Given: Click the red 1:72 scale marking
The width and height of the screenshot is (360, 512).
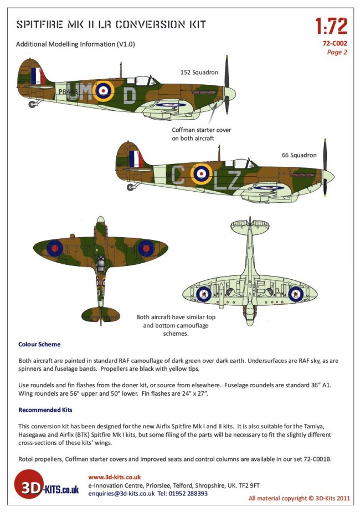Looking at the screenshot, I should [x=331, y=25].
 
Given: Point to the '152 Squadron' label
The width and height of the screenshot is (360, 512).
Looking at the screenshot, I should [x=199, y=72].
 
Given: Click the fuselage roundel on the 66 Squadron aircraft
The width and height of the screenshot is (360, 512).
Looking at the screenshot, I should [x=201, y=174].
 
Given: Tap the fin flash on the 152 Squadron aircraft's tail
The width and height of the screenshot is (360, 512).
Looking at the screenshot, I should [x=36, y=76].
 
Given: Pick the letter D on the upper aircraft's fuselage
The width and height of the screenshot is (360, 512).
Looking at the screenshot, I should [x=128, y=95].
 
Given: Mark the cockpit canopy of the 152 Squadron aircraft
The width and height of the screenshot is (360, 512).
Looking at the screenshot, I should [x=143, y=81].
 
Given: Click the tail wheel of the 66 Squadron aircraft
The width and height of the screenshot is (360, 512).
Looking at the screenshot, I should [x=131, y=187].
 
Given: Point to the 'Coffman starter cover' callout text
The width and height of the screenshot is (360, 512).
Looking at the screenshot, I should [x=201, y=134].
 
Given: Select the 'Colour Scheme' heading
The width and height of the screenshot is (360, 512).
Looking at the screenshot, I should [x=39, y=344].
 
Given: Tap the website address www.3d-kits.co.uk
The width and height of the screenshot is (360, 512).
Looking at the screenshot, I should [x=115, y=477].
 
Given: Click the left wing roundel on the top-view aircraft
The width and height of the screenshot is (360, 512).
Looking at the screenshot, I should [x=55, y=248].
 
